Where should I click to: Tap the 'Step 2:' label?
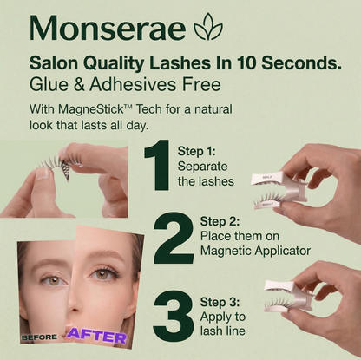point(221,220)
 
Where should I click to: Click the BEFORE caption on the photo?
point(40,337)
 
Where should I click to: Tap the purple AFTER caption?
point(96,335)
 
